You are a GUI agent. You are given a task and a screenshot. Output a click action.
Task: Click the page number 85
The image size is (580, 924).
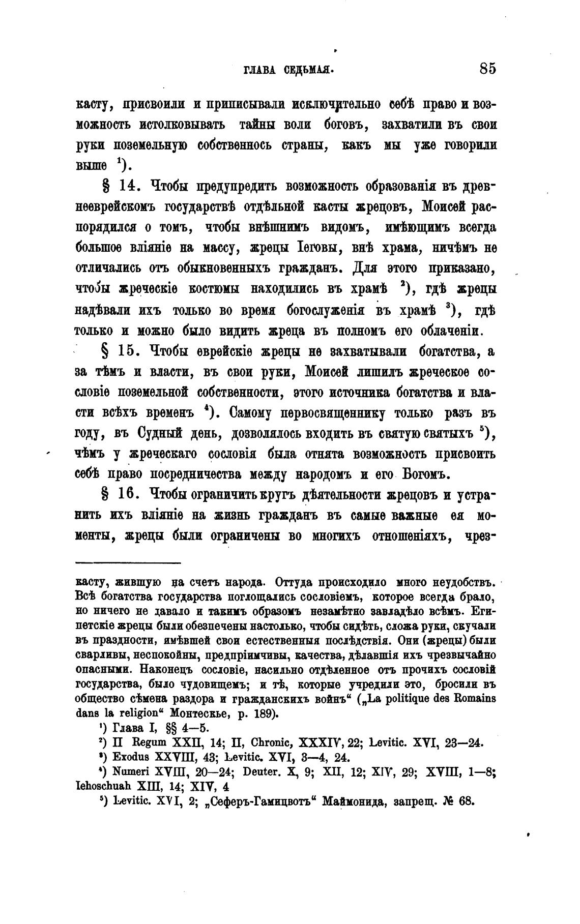[x=487, y=68]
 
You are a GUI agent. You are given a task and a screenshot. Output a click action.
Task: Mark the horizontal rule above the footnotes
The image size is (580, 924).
[x=128, y=562]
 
